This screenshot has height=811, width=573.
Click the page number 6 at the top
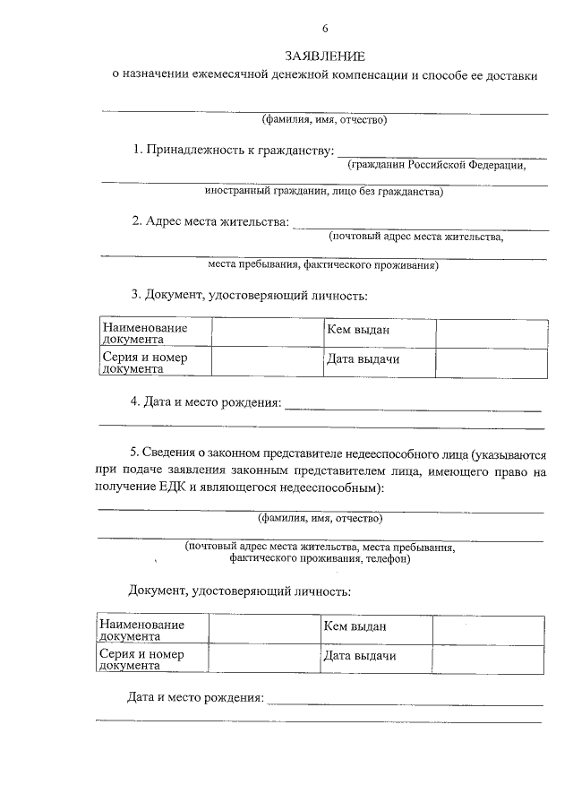pos(324,29)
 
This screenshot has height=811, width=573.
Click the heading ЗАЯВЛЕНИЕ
pos(324,57)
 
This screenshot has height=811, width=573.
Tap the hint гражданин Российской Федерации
pos(436,165)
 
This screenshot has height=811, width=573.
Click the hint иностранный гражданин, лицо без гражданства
pos(323,192)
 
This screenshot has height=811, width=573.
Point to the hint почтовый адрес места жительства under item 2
pos(416,237)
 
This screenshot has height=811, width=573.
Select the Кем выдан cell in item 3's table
pos(358,331)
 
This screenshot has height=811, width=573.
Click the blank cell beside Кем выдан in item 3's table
pos(491,332)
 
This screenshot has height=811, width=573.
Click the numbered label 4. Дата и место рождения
pos(205,402)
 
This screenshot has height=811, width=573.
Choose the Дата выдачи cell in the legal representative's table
pos(359,656)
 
